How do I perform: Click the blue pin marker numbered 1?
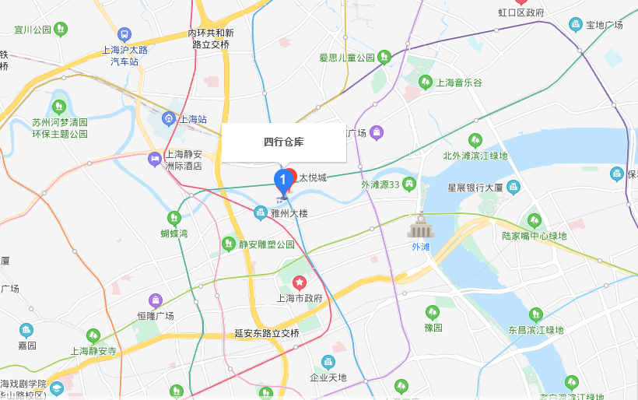tap(283, 181)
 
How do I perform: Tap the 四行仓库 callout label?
tap(283, 142)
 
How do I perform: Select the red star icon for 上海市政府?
tap(299, 282)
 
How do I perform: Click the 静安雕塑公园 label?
tap(267, 244)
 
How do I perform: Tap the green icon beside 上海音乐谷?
tap(426, 82)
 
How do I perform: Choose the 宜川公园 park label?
tap(33, 30)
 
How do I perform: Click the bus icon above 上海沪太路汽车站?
tap(124, 34)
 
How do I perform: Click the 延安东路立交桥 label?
tap(267, 333)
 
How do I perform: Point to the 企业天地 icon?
tap(328, 363)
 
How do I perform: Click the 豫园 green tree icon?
tap(433, 312)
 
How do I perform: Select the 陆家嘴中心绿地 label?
tap(534, 236)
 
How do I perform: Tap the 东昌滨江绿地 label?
tap(535, 330)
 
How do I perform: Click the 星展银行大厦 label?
tap(475, 188)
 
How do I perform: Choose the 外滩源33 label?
tap(380, 184)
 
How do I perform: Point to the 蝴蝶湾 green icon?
tap(174, 218)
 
